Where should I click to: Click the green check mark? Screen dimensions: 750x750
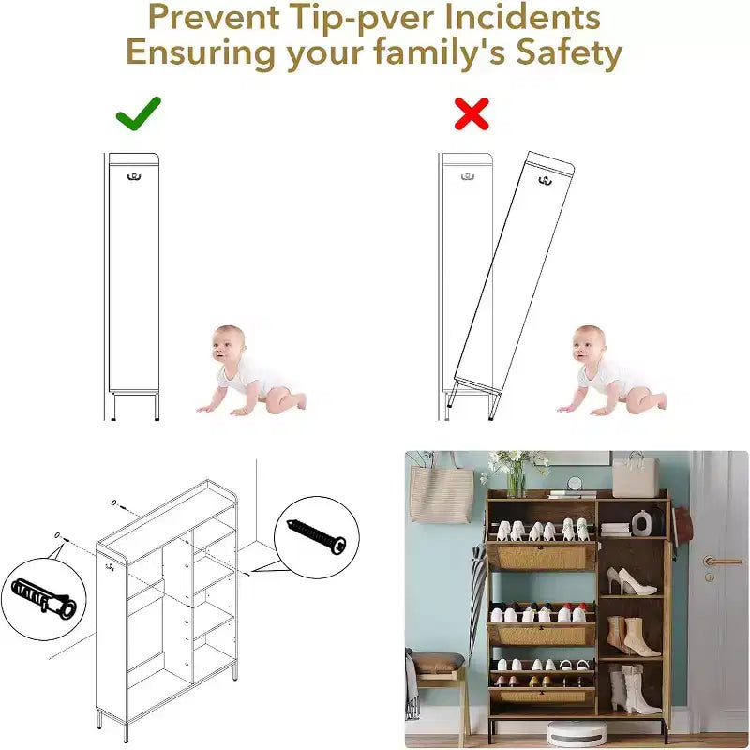pos(137,114)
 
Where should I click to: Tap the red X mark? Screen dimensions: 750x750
pos(472,113)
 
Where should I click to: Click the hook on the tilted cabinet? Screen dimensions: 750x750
pos(545,181)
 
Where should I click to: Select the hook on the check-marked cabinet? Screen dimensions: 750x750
pos(134,177)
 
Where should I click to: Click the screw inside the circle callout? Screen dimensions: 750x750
pos(317,536)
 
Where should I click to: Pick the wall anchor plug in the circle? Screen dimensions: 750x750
pos(44,595)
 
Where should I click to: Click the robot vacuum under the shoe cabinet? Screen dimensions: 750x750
pos(577,733)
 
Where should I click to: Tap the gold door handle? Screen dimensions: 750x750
pos(717,560)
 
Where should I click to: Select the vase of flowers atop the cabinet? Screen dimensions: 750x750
pos(513,472)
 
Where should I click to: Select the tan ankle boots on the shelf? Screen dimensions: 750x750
pos(626,637)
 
